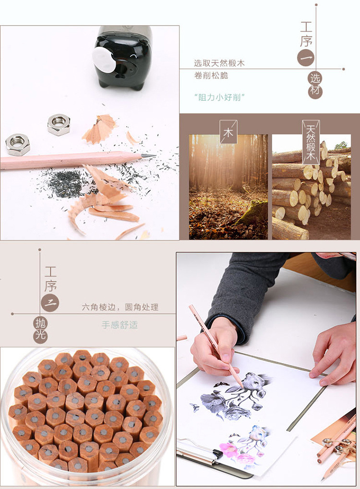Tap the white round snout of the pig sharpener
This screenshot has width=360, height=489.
104,61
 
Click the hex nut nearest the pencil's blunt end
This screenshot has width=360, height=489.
18,145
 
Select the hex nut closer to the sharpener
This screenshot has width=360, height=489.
59,124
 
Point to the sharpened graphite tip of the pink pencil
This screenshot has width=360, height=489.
149,155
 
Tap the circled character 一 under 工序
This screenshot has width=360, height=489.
306,58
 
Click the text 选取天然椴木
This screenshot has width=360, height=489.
219,63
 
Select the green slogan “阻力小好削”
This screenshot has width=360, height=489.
219,98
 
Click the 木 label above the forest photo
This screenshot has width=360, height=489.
228,132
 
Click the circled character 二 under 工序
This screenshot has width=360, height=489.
50,303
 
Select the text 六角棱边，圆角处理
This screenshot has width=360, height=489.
120,307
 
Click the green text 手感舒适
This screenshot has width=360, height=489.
120,325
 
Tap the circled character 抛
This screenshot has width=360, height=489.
40,323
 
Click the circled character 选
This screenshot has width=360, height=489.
315,78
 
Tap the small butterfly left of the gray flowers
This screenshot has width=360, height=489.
195,407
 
